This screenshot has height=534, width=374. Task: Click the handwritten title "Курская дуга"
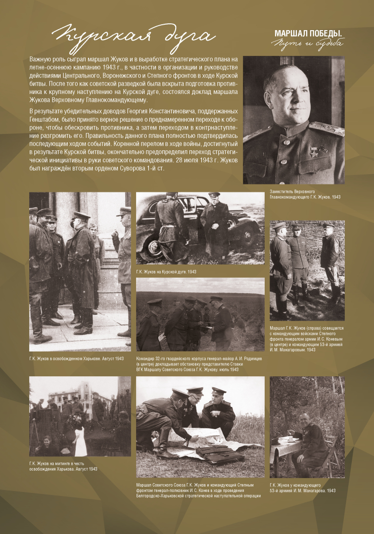pos(133,36)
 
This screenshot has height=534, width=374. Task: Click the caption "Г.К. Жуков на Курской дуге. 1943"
pos(167,272)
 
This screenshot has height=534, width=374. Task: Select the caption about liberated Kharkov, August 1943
pos(76,357)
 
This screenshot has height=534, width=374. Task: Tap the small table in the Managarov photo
pos(284,445)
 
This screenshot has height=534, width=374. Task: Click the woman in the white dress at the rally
pos(80,439)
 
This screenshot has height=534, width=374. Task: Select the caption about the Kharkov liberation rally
pos(63,466)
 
